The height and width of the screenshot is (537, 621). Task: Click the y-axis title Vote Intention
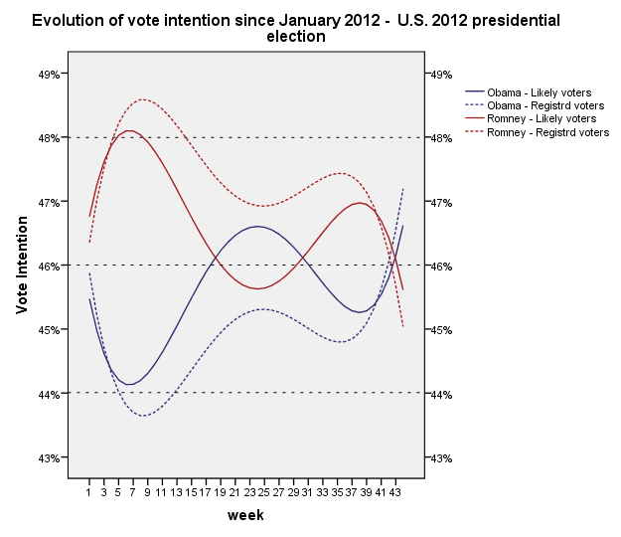(x=22, y=266)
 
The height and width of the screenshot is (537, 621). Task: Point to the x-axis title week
(x=245, y=515)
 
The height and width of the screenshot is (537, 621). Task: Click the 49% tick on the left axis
(x=50, y=74)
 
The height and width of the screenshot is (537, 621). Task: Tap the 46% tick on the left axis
(x=50, y=266)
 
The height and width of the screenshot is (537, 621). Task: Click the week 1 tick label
(x=89, y=491)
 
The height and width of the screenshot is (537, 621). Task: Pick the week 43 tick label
(x=395, y=491)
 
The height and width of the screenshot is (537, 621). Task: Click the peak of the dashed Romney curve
(x=143, y=99)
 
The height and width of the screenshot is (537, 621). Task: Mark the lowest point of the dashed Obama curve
(x=145, y=416)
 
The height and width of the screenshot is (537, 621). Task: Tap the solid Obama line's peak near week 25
(x=257, y=227)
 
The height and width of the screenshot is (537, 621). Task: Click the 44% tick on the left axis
(x=50, y=394)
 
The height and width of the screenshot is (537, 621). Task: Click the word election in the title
(x=296, y=37)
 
